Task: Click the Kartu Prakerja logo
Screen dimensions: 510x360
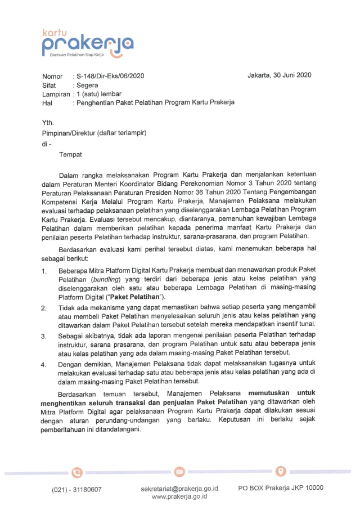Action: [x=88, y=44]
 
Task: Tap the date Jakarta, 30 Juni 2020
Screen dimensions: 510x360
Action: [x=280, y=75]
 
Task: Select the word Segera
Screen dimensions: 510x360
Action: [x=87, y=85]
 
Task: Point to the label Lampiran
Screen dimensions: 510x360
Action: [x=55, y=94]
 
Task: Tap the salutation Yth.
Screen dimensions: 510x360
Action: [x=48, y=123]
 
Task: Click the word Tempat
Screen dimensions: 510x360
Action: [x=70, y=154]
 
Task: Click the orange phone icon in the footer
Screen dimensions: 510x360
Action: [x=77, y=472]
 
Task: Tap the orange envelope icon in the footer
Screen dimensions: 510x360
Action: [x=179, y=471]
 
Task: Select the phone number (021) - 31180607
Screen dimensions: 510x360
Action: [x=77, y=489]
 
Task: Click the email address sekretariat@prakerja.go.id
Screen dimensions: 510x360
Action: [x=179, y=489]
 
